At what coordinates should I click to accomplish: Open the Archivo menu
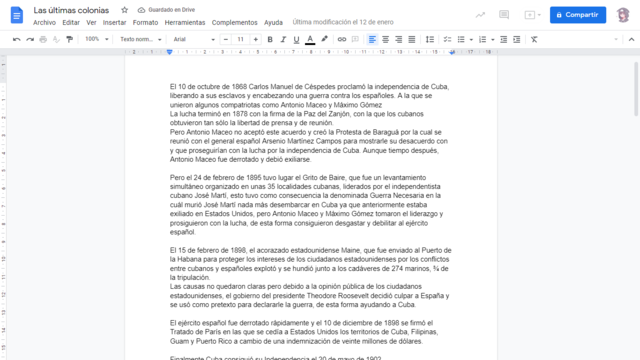click(x=44, y=21)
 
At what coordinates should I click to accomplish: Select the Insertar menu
click(x=115, y=21)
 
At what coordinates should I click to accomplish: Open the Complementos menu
click(x=234, y=21)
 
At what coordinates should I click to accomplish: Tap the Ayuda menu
click(x=273, y=21)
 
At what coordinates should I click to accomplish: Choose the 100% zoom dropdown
click(x=97, y=39)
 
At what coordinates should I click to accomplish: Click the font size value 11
click(x=241, y=39)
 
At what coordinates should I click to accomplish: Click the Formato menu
click(x=145, y=21)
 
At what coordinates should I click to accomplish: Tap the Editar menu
click(x=71, y=21)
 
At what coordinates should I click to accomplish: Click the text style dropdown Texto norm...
click(x=139, y=39)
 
